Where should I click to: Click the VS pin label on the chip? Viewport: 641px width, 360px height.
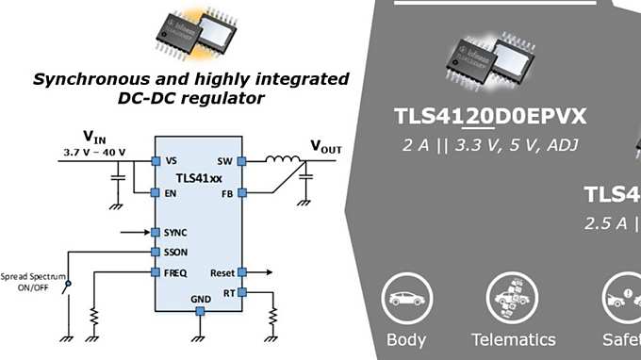point(171,160)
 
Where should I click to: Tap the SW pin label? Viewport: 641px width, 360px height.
point(224,160)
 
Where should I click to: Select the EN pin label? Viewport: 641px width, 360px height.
point(171,193)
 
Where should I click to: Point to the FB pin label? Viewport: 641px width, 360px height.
point(226,193)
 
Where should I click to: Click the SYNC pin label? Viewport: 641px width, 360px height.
point(175,232)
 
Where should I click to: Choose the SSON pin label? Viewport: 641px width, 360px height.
point(175,252)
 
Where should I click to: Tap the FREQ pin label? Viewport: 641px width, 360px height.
point(175,272)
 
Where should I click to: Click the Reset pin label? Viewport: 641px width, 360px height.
point(222,272)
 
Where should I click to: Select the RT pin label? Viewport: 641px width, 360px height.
point(227,292)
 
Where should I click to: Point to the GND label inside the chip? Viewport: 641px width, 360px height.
point(201,300)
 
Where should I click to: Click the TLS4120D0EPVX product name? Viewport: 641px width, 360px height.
point(491,117)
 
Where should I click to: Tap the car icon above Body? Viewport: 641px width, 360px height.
point(406,299)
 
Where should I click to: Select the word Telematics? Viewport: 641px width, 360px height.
point(514,339)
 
